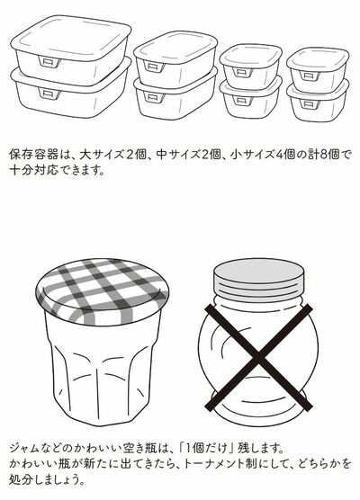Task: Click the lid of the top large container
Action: point(71,38)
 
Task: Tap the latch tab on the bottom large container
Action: point(49,93)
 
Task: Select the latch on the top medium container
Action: point(155,67)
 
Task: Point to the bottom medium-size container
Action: point(175,94)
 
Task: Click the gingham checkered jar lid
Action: point(103,291)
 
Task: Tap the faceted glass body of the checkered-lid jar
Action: point(103,370)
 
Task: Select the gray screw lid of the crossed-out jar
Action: point(259,278)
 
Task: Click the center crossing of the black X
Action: point(258,357)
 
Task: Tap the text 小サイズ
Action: point(253,155)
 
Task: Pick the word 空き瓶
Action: point(139,448)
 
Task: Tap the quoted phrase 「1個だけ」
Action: point(207,448)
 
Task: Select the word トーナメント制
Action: point(220,463)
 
